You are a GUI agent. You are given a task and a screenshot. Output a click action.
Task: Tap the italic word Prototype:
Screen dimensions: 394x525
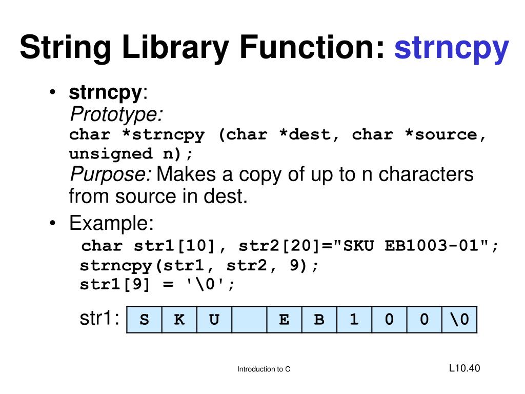[116, 113]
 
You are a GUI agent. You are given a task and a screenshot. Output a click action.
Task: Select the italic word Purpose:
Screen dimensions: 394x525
[110, 175]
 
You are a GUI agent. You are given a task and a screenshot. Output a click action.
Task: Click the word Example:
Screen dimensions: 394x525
[112, 224]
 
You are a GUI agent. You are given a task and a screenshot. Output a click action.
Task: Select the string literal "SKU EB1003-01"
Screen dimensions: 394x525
[412, 246]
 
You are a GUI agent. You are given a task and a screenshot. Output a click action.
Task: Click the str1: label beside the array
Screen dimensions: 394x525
[99, 319]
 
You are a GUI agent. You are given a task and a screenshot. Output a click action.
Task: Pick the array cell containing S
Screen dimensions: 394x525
[145, 320]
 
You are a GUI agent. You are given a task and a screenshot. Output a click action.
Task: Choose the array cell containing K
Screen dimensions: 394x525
[179, 320]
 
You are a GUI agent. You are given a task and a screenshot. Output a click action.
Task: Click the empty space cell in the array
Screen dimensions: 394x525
[249, 320]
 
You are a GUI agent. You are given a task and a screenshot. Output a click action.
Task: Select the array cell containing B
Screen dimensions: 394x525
[319, 320]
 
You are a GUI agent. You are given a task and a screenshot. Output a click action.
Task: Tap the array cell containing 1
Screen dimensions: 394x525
[354, 320]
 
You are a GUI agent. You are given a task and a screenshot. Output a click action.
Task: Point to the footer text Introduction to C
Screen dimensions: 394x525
[264, 369]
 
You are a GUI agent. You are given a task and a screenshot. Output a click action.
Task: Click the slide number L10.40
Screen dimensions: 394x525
[464, 368]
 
